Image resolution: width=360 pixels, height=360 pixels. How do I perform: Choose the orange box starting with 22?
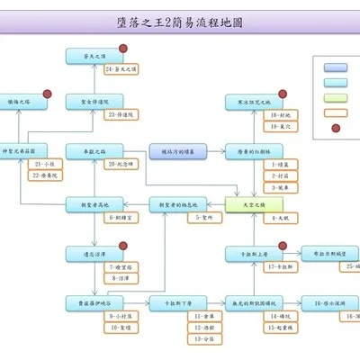click(45, 175)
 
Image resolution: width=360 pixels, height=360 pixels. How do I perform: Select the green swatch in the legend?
click(336, 98)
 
